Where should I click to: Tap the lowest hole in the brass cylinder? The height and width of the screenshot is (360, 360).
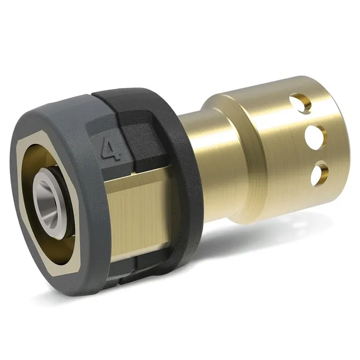point(319,172)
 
